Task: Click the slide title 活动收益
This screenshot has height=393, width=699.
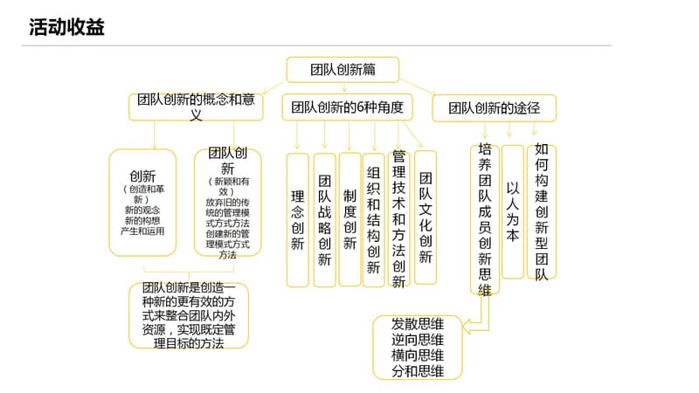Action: pos(66,28)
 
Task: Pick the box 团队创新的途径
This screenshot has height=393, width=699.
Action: pos(494,107)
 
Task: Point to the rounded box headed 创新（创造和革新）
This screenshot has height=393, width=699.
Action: pos(142,203)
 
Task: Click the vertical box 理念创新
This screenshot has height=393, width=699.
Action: pos(297,220)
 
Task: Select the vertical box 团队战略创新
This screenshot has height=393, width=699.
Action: pos(324,220)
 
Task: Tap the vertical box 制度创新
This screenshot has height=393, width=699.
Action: pos(349,219)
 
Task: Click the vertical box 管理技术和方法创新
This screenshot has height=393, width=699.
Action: pos(398,217)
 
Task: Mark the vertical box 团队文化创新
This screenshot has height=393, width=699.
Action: pos(426,218)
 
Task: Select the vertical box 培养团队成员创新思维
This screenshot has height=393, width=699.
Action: pos(484,220)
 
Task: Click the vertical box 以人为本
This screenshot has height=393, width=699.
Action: pos(513,212)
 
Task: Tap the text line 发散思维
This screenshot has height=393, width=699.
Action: pos(418,324)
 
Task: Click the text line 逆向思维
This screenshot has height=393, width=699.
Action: pos(418,340)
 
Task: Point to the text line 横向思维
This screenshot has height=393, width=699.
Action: pos(418,355)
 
